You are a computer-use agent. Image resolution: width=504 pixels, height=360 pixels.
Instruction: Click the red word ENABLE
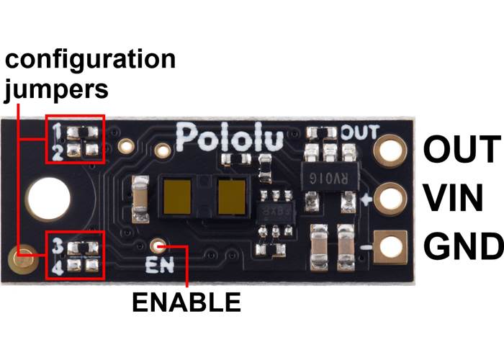186,302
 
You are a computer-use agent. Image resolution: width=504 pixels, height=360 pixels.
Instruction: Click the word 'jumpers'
58,90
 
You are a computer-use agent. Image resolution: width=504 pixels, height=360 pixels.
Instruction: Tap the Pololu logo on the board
230,136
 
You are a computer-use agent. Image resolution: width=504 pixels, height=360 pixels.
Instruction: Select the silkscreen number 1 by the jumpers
56,130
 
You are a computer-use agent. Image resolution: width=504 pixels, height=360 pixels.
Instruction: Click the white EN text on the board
157,264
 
